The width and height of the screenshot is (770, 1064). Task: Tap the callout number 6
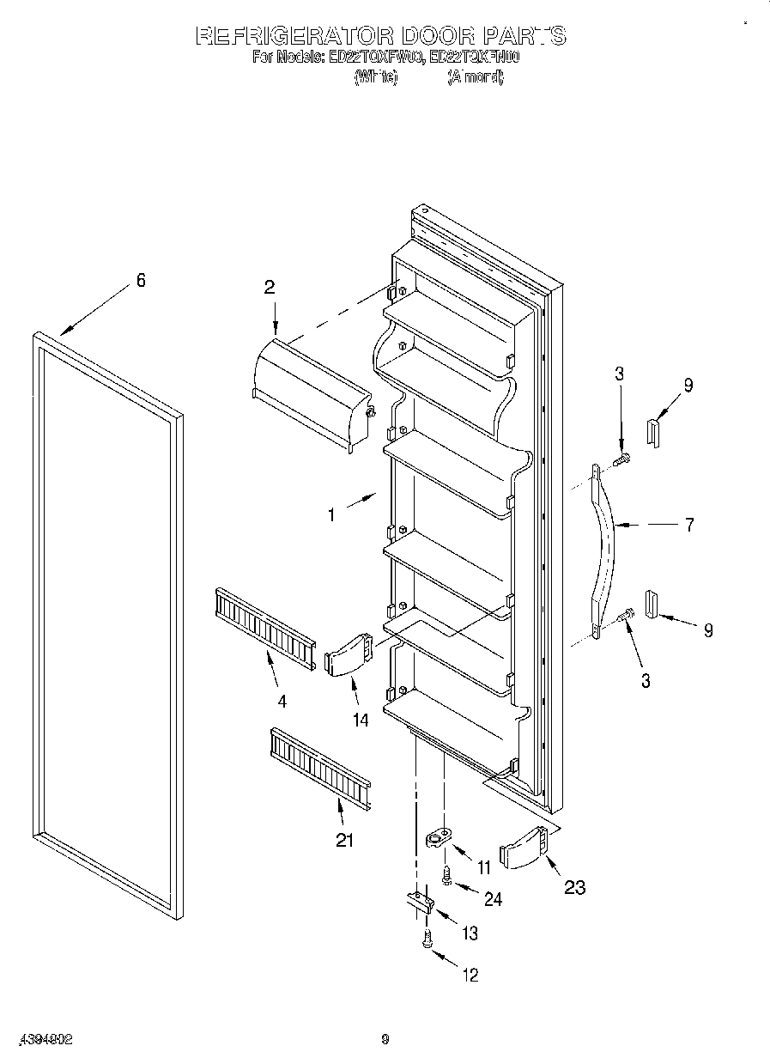pyautogui.click(x=141, y=280)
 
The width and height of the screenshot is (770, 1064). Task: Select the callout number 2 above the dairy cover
pyautogui.click(x=269, y=288)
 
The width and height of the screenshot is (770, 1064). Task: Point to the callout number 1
pyautogui.click(x=330, y=515)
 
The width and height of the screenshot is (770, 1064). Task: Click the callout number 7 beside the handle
pyautogui.click(x=688, y=525)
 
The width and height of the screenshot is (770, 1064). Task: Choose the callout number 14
pyautogui.click(x=360, y=720)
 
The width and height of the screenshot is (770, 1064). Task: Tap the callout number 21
pyautogui.click(x=344, y=840)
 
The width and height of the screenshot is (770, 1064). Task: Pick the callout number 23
pyautogui.click(x=574, y=887)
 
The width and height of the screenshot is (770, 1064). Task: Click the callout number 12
pyautogui.click(x=470, y=975)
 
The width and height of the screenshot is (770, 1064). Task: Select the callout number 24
pyautogui.click(x=493, y=899)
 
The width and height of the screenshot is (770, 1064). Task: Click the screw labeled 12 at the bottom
pyautogui.click(x=426, y=940)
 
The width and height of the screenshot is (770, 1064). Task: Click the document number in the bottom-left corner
pyautogui.click(x=42, y=1039)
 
